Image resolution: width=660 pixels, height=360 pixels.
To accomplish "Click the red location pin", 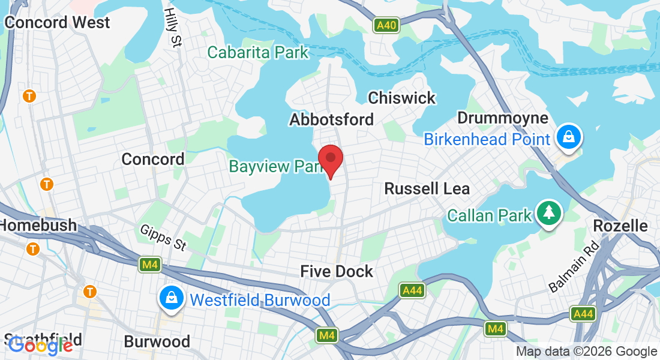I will (x=330, y=160).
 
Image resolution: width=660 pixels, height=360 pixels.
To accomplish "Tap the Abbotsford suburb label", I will (x=331, y=119).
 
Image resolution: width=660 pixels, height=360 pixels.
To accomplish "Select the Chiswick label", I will (x=401, y=98).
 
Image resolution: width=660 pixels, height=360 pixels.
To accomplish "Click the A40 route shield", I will (x=386, y=25).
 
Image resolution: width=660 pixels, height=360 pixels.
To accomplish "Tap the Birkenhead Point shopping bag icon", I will (x=568, y=136).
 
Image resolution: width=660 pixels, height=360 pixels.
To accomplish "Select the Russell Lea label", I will (x=427, y=188).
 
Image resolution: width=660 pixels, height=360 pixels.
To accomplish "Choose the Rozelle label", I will (x=620, y=226).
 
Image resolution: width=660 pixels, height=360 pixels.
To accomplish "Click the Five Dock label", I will (x=337, y=271).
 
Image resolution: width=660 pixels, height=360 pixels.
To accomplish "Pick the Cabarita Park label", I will (x=258, y=52).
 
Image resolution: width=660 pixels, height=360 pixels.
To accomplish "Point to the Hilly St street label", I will (x=173, y=26).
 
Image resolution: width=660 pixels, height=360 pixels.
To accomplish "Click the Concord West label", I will (x=57, y=23).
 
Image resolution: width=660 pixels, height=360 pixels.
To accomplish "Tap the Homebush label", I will (x=38, y=226).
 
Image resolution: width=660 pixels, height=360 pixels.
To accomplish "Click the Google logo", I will (x=40, y=345).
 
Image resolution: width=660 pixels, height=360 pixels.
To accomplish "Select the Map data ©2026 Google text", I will (x=586, y=352).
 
